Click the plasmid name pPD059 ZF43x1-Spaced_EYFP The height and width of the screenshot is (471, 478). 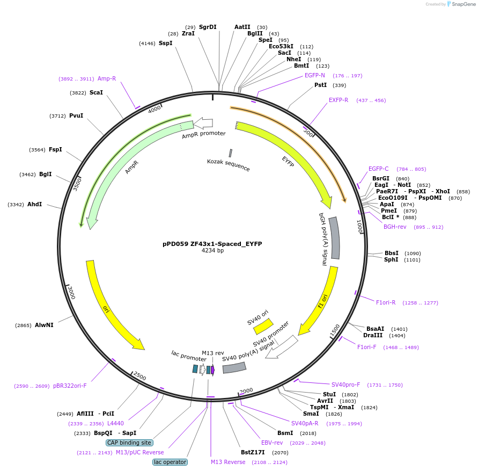click(x=212, y=243)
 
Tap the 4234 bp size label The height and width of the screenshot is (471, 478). click(x=212, y=251)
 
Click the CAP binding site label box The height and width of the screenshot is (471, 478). click(x=129, y=443)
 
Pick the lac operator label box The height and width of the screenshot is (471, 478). click(x=170, y=462)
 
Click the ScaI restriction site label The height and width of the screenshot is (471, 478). click(x=96, y=92)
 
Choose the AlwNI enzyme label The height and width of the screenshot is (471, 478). click(x=44, y=325)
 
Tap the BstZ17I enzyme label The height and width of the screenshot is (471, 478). click(x=253, y=452)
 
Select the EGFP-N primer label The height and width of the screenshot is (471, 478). click(x=315, y=75)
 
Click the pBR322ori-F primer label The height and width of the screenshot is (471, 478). click(x=70, y=386)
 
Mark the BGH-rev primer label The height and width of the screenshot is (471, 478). click(x=395, y=227)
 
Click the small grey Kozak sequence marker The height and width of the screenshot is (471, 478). click(x=231, y=153)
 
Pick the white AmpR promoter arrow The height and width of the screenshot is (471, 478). click(x=203, y=123)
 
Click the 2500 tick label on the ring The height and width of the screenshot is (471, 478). click(x=139, y=375)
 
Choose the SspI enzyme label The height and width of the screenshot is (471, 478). click(x=165, y=43)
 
